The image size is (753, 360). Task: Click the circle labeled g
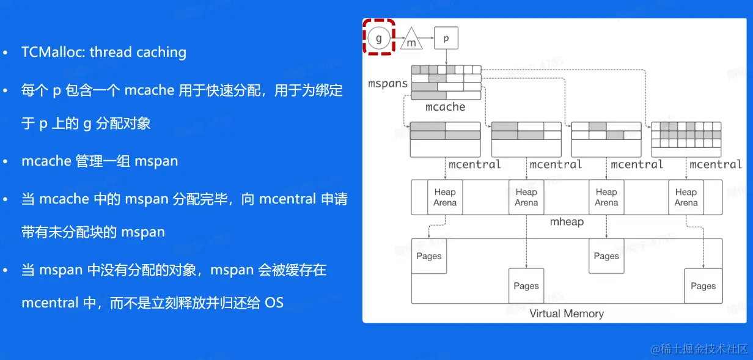click(379, 39)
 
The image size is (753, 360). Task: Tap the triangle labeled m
click(411, 40)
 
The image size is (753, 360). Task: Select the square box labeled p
click(446, 39)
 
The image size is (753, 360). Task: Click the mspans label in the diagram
click(388, 83)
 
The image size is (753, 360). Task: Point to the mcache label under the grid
click(445, 107)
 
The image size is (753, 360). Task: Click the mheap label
click(567, 222)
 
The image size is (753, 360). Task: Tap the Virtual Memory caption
click(567, 314)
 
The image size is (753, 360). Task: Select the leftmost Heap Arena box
click(445, 197)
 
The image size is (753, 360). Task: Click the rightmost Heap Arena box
click(686, 197)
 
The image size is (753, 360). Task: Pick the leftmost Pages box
click(429, 256)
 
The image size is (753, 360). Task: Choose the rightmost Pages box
click(703, 285)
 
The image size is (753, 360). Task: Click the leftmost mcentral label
click(475, 164)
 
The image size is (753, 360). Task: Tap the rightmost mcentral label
click(715, 164)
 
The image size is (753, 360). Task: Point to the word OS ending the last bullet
click(274, 303)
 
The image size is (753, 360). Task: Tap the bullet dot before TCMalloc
click(6, 53)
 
